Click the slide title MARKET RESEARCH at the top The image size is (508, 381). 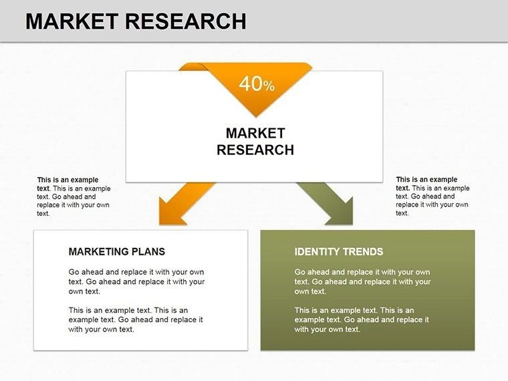click(136, 21)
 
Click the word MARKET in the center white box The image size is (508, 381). click(255, 133)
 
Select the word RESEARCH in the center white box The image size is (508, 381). click(255, 150)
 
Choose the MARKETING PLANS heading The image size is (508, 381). click(116, 251)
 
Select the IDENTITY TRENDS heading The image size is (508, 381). click(339, 251)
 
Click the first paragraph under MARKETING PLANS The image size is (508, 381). click(136, 281)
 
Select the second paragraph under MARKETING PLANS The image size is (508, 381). click(136, 320)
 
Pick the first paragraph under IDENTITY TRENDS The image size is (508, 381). click(362, 281)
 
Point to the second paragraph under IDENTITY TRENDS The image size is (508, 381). click(362, 320)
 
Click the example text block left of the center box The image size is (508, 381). click(74, 197)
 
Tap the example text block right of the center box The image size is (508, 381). click(432, 197)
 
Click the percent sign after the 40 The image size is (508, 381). click(269, 86)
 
